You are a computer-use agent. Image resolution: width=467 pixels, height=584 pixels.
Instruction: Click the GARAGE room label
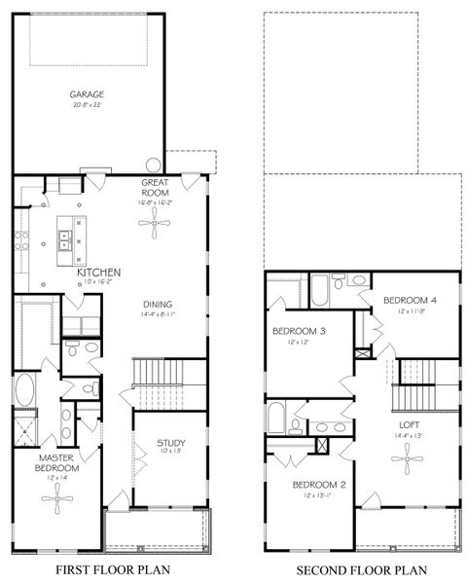86,94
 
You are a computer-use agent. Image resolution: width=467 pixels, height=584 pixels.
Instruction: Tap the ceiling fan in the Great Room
154,225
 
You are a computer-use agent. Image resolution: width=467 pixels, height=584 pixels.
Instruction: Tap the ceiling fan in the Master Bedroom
58,501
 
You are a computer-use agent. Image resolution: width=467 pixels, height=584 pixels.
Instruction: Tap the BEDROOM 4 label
409,300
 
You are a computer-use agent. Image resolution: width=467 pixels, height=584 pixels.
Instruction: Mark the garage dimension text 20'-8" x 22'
86,105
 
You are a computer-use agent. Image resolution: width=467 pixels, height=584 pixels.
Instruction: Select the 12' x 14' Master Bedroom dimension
58,478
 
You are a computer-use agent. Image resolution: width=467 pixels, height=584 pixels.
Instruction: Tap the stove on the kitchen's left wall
18,240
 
